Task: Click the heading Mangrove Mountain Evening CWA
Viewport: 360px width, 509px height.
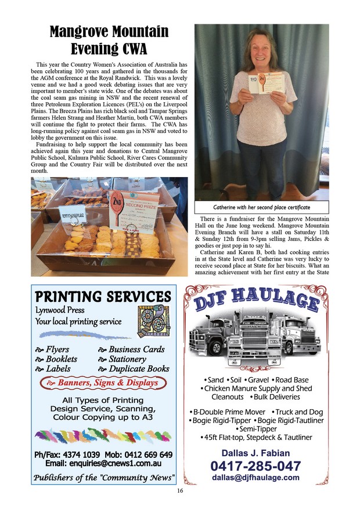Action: pos(109,39)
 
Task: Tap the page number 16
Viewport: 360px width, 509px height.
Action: pos(180,490)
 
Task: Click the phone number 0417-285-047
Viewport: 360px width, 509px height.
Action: pos(255,465)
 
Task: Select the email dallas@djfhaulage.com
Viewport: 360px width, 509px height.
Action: pos(255,478)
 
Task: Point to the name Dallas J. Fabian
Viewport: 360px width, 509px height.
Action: pos(255,453)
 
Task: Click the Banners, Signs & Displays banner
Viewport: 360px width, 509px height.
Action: pos(103,382)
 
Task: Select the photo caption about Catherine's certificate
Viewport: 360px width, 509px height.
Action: pos(261,207)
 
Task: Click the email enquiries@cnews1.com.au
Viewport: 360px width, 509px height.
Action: pos(103,464)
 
